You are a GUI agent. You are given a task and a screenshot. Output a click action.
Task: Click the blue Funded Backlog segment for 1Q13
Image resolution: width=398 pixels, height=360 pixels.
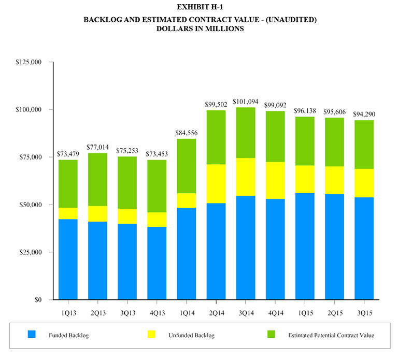(x=68, y=259)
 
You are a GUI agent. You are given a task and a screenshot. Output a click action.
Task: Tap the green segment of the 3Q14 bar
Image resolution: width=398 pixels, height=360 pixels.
(x=246, y=133)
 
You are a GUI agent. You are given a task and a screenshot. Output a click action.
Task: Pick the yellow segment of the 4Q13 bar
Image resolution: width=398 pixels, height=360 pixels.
(x=157, y=220)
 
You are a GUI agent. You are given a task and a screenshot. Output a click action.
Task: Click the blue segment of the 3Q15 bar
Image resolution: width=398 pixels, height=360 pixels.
(x=364, y=248)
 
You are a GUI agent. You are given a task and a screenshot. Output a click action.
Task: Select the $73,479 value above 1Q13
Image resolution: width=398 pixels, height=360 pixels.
(x=68, y=154)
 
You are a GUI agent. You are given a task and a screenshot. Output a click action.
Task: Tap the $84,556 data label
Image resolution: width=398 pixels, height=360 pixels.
(x=187, y=133)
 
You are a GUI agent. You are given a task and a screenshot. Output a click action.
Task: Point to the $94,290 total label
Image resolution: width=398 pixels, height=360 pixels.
(x=364, y=114)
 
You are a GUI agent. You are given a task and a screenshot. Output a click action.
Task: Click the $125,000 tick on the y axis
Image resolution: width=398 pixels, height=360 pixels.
(x=29, y=62)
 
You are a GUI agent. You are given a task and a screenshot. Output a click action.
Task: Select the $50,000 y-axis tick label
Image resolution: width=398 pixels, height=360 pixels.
(x=30, y=205)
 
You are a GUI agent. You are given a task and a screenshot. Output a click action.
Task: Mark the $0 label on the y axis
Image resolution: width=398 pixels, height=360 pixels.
(x=37, y=300)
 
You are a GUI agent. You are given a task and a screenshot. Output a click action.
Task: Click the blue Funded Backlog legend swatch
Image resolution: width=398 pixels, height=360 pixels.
(x=31, y=335)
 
